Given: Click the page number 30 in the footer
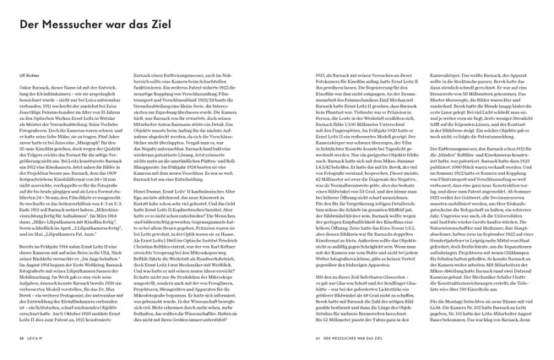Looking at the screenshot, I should (20, 341).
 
